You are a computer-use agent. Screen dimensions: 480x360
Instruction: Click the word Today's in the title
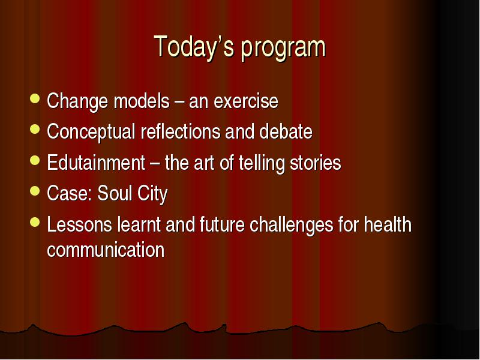point(194,47)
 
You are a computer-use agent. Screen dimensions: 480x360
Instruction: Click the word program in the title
point(283,48)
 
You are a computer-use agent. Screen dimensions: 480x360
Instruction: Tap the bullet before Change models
point(35,98)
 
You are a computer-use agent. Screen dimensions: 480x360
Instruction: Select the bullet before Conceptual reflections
point(35,129)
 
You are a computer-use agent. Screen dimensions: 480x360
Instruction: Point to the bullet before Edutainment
point(35,160)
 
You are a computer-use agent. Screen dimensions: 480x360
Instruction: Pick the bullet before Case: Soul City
point(35,191)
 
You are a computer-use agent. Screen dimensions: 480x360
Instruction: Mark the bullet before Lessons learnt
point(35,222)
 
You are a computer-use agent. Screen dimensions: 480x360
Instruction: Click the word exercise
point(246,101)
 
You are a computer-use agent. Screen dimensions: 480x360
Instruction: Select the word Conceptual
point(91,133)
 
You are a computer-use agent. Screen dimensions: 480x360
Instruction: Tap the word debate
point(286,131)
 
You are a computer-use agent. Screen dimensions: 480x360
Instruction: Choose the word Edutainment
point(96,163)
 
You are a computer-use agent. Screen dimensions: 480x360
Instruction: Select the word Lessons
point(80,224)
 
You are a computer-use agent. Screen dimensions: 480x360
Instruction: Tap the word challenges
point(292,226)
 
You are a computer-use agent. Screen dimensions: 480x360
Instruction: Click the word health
point(388,224)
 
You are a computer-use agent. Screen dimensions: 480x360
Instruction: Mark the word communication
point(106,250)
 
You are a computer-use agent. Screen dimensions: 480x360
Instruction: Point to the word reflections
point(181,131)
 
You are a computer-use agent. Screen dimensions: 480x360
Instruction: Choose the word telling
point(262,164)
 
